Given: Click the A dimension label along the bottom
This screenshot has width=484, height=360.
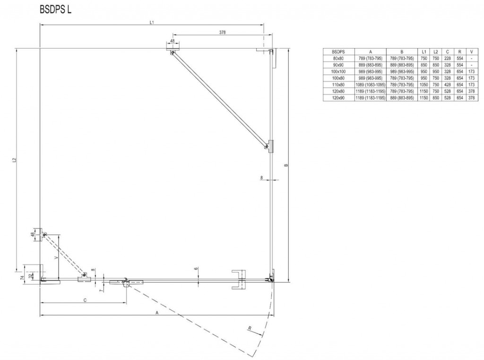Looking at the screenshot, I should [x=156, y=313].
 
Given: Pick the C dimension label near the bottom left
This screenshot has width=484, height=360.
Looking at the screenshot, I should [x=85, y=300].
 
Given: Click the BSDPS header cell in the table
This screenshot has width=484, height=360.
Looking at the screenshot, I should [x=338, y=51].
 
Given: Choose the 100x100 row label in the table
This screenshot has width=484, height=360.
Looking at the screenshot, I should [x=338, y=71].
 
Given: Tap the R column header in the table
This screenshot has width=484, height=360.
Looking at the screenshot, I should [x=459, y=51].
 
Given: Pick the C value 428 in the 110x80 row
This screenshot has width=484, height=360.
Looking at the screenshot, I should [x=447, y=84].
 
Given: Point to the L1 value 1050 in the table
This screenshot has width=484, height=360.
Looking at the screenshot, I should [x=424, y=84].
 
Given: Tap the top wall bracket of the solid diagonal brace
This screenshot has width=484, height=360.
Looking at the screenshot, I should [x=172, y=48].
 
